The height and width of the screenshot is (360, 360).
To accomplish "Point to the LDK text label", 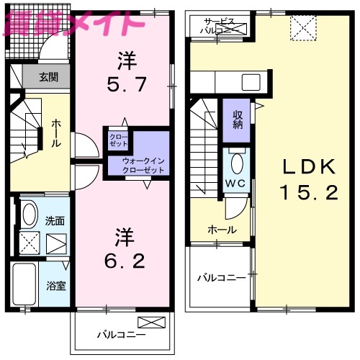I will (x=307, y=168).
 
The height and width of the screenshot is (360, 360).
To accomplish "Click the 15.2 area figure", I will (x=307, y=192).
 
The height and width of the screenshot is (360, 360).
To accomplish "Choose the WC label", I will (x=236, y=182).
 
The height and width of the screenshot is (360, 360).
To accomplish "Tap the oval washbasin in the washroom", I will (x=29, y=214).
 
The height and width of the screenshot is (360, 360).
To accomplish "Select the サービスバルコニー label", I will (x=220, y=27).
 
